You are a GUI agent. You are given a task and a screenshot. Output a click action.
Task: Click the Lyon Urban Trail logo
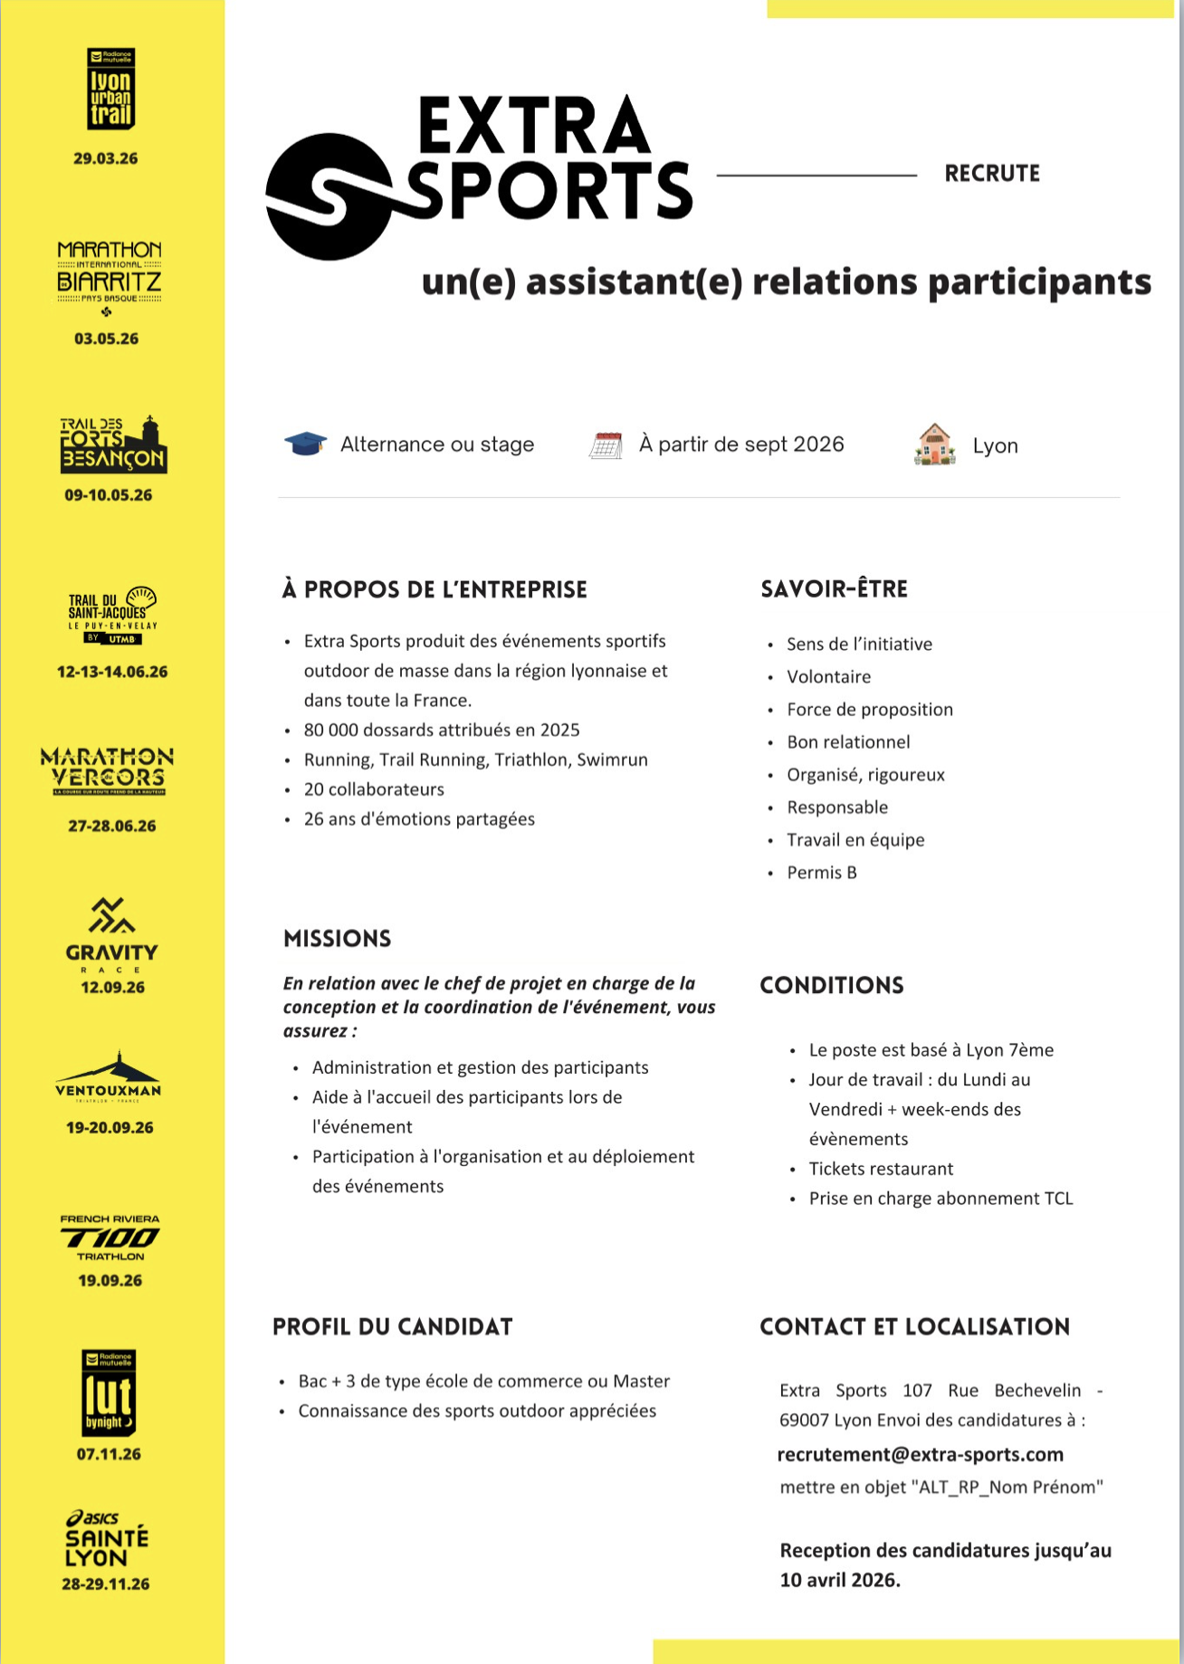pyautogui.click(x=110, y=90)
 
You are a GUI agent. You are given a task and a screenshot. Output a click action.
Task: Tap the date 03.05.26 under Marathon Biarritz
pyautogui.click(x=107, y=339)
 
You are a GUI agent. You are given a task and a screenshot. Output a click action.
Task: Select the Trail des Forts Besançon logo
pyautogui.click(x=113, y=445)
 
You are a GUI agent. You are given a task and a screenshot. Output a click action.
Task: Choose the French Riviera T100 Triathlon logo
pyautogui.click(x=110, y=1237)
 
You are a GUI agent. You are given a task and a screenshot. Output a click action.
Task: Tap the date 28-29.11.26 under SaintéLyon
pyautogui.click(x=106, y=1583)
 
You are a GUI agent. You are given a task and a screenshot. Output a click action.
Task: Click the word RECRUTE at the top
pyautogui.click(x=992, y=173)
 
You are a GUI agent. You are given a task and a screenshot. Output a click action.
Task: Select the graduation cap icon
pyautogui.click(x=305, y=445)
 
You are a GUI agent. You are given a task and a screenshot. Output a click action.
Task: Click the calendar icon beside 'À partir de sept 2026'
pyautogui.click(x=606, y=445)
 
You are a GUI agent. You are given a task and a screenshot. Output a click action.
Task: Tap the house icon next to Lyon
pyautogui.click(x=935, y=445)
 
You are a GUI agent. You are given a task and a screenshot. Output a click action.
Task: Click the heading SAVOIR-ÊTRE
pyautogui.click(x=834, y=588)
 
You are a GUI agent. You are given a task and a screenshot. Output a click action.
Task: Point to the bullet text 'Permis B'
pyautogui.click(x=821, y=872)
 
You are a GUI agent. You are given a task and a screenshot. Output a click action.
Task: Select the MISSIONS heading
pyautogui.click(x=337, y=938)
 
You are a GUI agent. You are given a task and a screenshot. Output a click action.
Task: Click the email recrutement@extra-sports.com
pyautogui.click(x=920, y=1454)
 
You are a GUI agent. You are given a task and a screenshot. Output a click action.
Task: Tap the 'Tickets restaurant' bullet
pyautogui.click(x=881, y=1168)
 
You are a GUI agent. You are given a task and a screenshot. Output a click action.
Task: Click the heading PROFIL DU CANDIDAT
pyautogui.click(x=393, y=1326)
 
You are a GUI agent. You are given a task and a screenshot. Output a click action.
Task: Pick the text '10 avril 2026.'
pyautogui.click(x=840, y=1580)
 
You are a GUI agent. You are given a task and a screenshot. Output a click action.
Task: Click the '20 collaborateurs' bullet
pyautogui.click(x=374, y=789)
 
